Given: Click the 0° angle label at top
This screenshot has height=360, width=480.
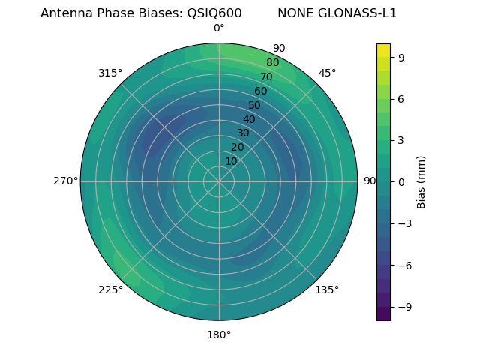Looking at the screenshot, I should tap(219, 28).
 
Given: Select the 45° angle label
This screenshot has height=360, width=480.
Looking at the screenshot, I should tap(327, 73).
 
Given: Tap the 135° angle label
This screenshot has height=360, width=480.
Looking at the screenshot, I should tap(327, 289).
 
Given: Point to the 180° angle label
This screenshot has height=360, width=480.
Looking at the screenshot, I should tap(219, 334).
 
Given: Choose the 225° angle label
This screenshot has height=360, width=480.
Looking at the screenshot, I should tap(110, 289).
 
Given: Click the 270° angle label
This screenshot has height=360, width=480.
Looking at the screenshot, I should tap(65, 181).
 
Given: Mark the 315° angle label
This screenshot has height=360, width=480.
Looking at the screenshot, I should tap(110, 73).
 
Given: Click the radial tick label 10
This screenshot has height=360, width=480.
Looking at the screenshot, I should tap(231, 161).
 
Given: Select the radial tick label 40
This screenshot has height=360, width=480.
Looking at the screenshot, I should tap(249, 119).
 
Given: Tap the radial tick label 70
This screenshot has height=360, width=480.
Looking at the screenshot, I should tap(267, 76).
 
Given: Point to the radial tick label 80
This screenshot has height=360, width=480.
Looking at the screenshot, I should tap(273, 63).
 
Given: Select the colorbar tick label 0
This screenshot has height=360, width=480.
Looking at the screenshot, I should tap(402, 181).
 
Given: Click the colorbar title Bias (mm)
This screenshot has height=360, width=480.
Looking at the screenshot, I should tap(421, 181).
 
